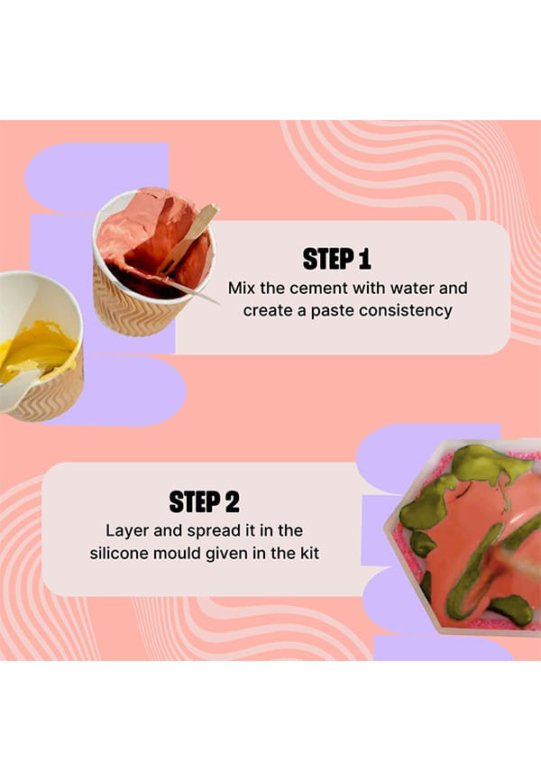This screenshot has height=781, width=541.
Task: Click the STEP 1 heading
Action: click(x=336, y=259)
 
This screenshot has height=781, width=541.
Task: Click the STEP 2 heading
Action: click(x=205, y=501)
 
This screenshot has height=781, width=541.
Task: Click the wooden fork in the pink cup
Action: click(x=188, y=240)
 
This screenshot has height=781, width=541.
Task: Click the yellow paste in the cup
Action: click(x=37, y=350)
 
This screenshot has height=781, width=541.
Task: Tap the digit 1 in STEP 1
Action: click(x=365, y=259)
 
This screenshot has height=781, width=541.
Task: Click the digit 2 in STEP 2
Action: click(x=232, y=501)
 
